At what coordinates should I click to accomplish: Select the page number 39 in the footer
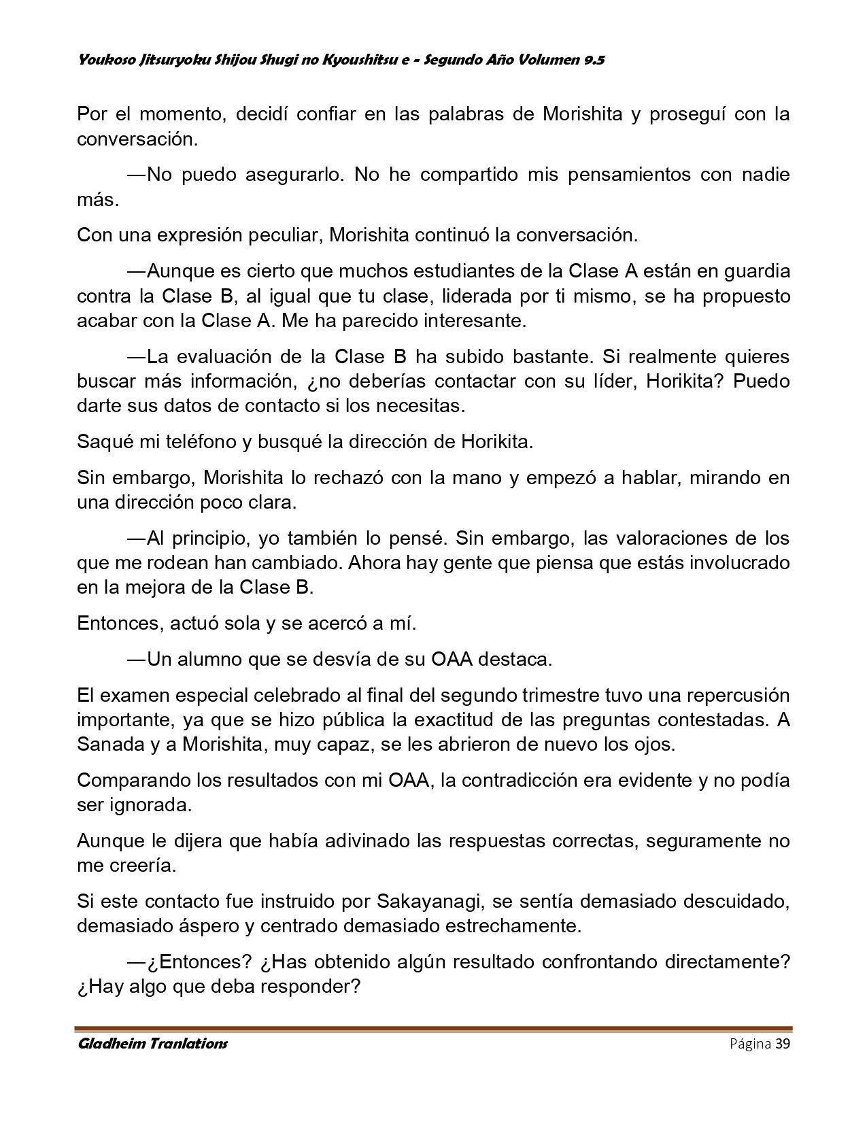pyautogui.click(x=782, y=1044)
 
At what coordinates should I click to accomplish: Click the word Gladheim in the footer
pyautogui.click(x=109, y=1044)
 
